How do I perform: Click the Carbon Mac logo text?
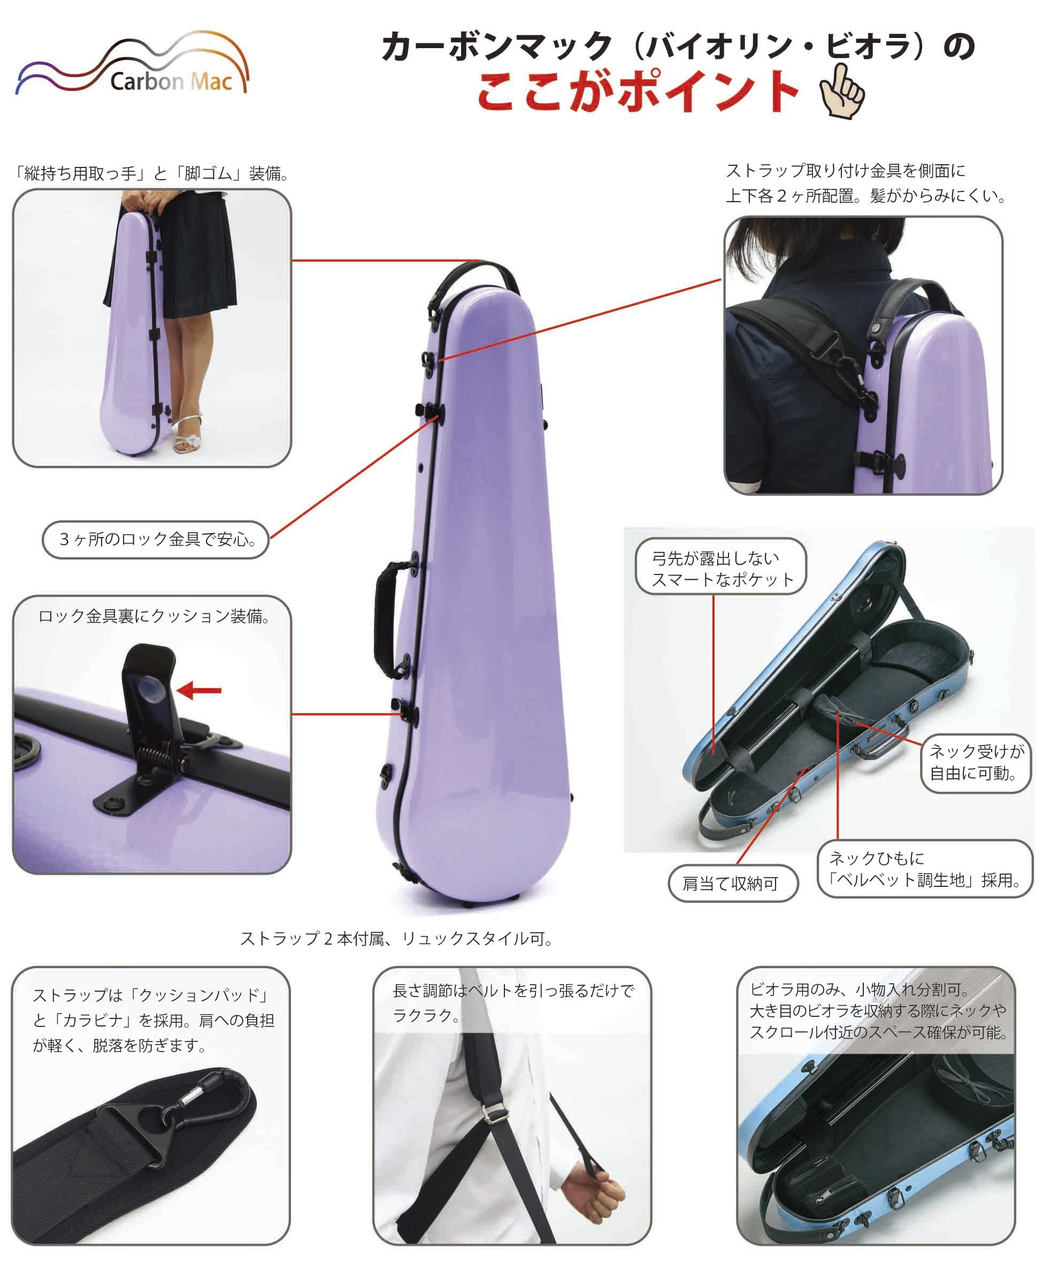[x=171, y=81]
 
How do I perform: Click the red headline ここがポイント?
[x=638, y=91]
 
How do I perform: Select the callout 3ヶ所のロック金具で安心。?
[x=155, y=539]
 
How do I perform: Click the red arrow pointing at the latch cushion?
[x=200, y=690]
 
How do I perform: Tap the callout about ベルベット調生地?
[x=924, y=869]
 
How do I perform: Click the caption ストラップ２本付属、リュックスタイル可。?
[x=396, y=939]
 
